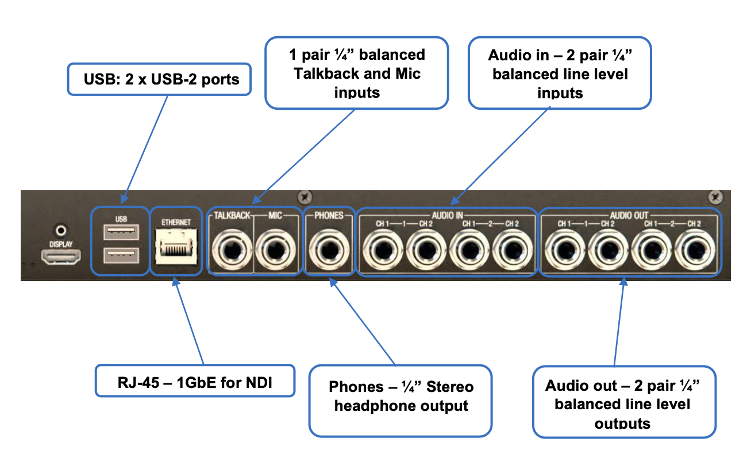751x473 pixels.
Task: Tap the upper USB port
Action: [x=121, y=232]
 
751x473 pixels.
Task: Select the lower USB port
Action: [x=121, y=254]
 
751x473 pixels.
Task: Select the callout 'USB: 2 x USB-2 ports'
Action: [x=159, y=79]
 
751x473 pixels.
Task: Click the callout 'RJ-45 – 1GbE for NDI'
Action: [x=194, y=380]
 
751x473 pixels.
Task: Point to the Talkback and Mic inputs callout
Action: [x=356, y=73]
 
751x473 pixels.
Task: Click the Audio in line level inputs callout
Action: [x=560, y=73]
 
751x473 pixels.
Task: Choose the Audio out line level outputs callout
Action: [x=623, y=405]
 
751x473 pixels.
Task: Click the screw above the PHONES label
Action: [x=305, y=199]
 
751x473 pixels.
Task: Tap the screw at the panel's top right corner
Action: [x=715, y=197]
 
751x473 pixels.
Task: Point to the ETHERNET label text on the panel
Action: [x=176, y=221]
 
